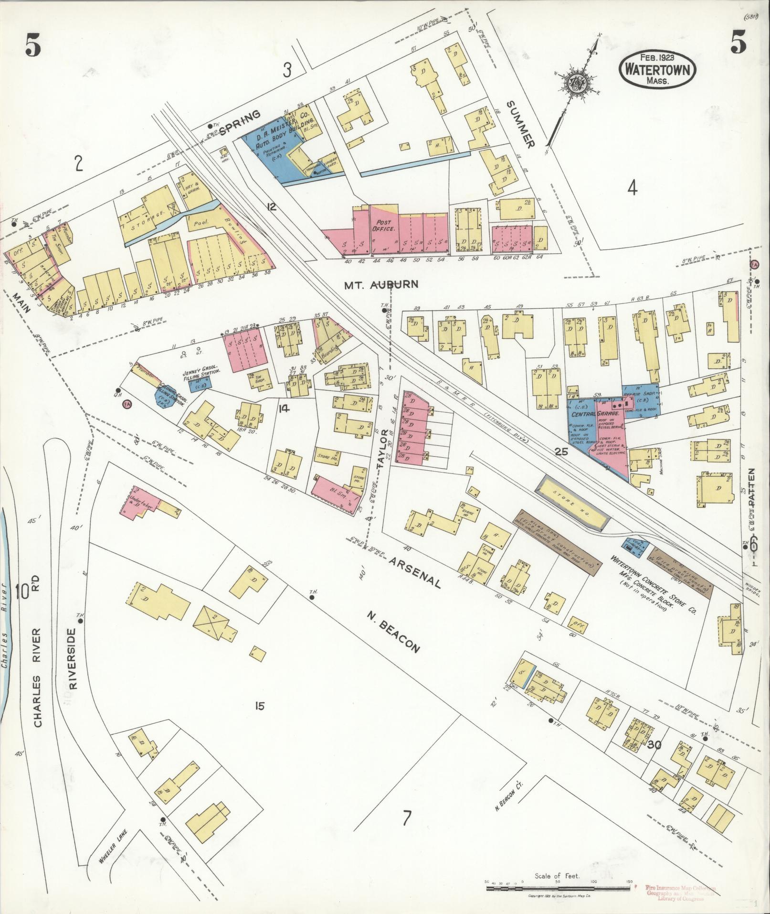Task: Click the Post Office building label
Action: (384, 226)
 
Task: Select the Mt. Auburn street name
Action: (381, 284)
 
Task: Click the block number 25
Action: (561, 451)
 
